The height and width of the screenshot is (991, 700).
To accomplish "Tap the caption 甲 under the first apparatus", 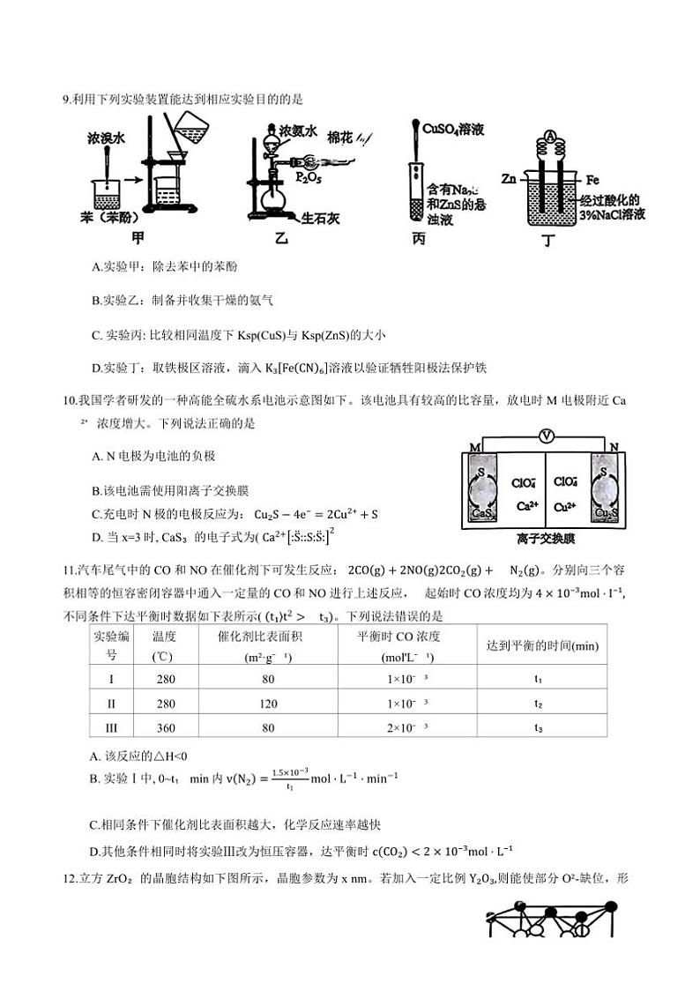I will click(138, 236).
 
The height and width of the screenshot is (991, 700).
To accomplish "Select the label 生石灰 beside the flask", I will click(321, 218).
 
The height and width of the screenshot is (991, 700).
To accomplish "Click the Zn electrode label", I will click(509, 179).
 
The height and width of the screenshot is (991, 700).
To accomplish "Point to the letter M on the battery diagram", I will click(475, 448).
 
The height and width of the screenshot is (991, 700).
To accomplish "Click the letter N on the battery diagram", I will click(615, 447).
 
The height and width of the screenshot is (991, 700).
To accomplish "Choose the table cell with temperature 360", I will click(164, 727).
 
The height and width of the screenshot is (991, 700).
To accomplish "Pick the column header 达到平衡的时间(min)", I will click(542, 646).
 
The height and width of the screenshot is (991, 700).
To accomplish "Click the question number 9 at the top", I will click(66, 99).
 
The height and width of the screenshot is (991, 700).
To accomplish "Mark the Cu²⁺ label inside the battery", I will click(567, 506).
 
